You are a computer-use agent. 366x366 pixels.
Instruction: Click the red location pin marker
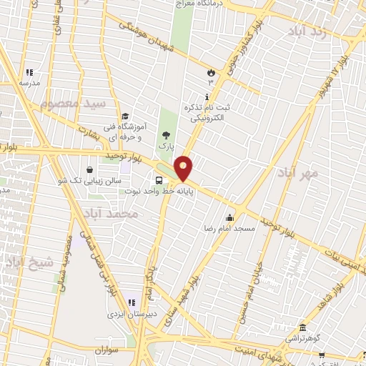point(184,167)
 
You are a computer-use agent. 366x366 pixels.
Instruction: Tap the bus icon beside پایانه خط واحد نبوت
point(159,181)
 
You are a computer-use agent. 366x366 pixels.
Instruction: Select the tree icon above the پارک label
point(166,134)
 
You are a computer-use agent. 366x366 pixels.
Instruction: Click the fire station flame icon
point(210,73)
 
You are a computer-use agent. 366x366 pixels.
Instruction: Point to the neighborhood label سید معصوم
point(72,104)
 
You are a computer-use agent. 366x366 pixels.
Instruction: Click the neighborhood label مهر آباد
point(299,174)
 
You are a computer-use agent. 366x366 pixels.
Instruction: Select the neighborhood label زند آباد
point(308,31)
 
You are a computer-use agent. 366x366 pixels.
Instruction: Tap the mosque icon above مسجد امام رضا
point(230,218)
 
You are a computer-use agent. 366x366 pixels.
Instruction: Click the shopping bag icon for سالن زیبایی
point(89,170)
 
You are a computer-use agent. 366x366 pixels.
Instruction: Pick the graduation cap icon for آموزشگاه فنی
point(124,116)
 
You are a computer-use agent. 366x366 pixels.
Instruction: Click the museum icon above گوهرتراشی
point(302,327)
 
